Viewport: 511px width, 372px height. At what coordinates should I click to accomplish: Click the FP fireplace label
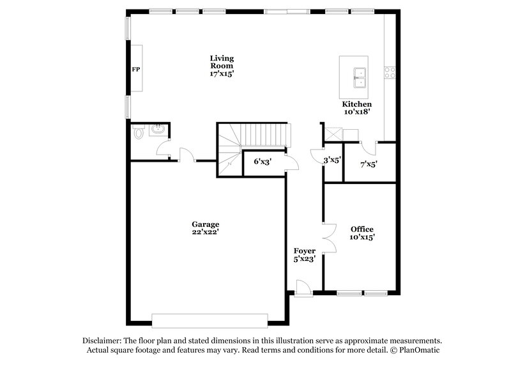135,69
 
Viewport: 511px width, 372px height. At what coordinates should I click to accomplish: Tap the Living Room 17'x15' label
222,66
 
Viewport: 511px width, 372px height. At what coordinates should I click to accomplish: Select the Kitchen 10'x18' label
356,108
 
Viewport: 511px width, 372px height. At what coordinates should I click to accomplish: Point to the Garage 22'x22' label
206,228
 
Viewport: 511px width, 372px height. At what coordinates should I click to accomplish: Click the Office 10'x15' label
362,233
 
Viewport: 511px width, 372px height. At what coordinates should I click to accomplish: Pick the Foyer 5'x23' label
305,254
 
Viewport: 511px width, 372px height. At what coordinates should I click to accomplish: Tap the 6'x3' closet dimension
263,162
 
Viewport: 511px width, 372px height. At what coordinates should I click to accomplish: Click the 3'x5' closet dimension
332,161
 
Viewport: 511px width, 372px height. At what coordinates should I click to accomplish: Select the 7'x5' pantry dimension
369,164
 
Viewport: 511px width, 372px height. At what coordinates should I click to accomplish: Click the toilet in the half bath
139,132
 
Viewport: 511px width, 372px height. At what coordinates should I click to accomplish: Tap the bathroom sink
158,130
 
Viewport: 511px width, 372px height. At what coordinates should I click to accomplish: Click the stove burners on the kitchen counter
390,73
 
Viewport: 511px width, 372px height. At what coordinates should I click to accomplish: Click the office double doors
329,239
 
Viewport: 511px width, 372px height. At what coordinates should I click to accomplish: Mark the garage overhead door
210,320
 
